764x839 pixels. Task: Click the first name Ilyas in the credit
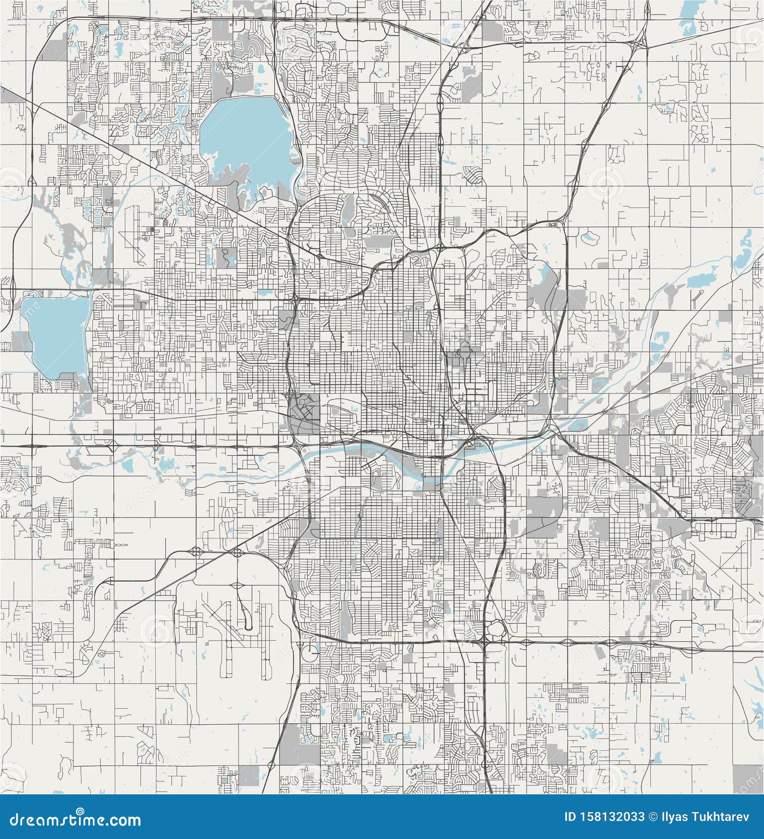pos(674,817)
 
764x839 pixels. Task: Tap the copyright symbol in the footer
pos(653,817)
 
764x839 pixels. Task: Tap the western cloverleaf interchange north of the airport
pos(196,551)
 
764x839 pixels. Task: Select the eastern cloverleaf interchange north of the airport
pos(237,553)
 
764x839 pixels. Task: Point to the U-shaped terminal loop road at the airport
pos(245,620)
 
